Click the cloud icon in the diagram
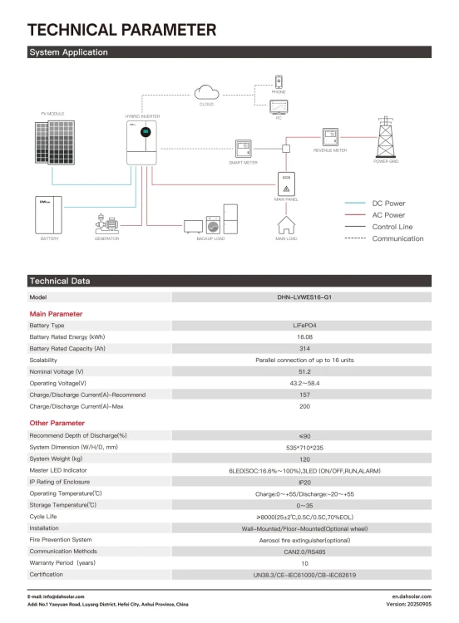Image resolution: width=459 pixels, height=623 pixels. (206, 91)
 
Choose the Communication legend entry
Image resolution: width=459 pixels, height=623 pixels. (397, 238)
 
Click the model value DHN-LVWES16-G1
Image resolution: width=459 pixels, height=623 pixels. (303, 297)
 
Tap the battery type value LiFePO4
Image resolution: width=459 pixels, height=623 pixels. (303, 326)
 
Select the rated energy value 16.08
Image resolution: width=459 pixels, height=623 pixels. (303, 337)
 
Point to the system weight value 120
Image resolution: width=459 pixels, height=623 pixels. (303, 459)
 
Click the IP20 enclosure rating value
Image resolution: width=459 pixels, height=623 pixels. (303, 482)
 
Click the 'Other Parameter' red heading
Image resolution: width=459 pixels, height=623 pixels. (57, 423)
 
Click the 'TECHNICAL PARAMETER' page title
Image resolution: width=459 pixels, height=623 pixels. (122, 30)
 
